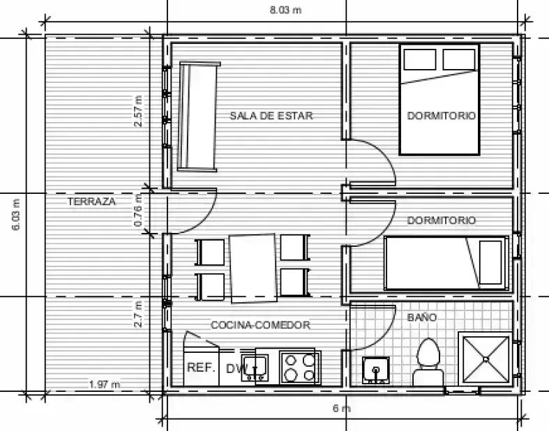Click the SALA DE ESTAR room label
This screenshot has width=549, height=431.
click(271, 116)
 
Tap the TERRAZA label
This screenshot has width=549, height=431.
click(92, 202)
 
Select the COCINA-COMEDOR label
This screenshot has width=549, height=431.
click(260, 325)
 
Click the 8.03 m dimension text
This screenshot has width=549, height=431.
click(285, 10)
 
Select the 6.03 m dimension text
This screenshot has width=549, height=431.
click(16, 214)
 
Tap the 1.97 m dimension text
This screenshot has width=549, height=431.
click(105, 384)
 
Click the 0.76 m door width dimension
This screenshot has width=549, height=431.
click(138, 211)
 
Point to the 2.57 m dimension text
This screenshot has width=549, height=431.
click(138, 111)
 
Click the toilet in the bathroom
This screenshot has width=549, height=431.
click(428, 363)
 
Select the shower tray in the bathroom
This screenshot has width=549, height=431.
click(486, 359)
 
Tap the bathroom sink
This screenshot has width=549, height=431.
click(376, 370)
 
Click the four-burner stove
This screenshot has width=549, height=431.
click(300, 368)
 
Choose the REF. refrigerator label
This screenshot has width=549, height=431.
click(202, 368)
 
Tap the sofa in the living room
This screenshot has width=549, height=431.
click(198, 116)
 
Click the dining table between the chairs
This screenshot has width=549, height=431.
click(253, 269)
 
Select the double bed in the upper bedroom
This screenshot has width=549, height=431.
click(439, 100)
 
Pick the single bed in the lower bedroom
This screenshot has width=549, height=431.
click(446, 264)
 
